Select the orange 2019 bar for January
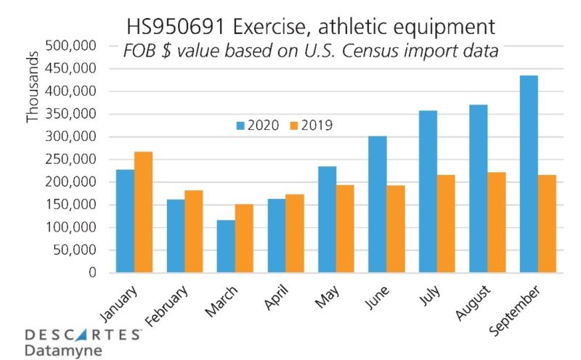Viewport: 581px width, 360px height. coord(143,212)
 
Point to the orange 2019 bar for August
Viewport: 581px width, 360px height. coord(497,222)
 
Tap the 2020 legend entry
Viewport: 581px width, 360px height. coord(256,125)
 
